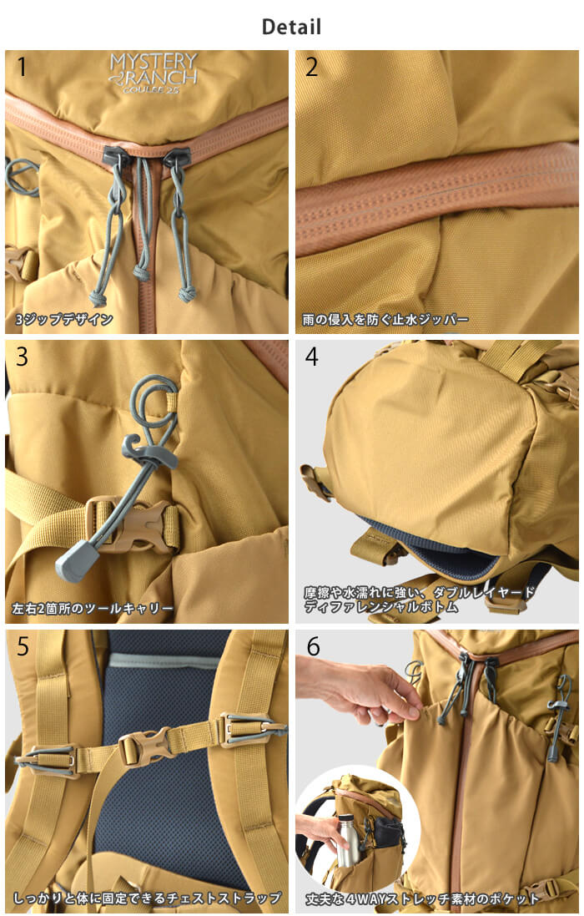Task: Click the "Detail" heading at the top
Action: pos(291,27)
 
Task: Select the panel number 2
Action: pos(311,67)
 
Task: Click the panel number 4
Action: pos(311,357)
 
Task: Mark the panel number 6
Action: pos(311,646)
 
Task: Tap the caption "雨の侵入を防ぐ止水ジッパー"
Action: pos(385,319)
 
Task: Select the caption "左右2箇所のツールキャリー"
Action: pos(93,609)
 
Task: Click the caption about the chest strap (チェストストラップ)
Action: pos(147,898)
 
